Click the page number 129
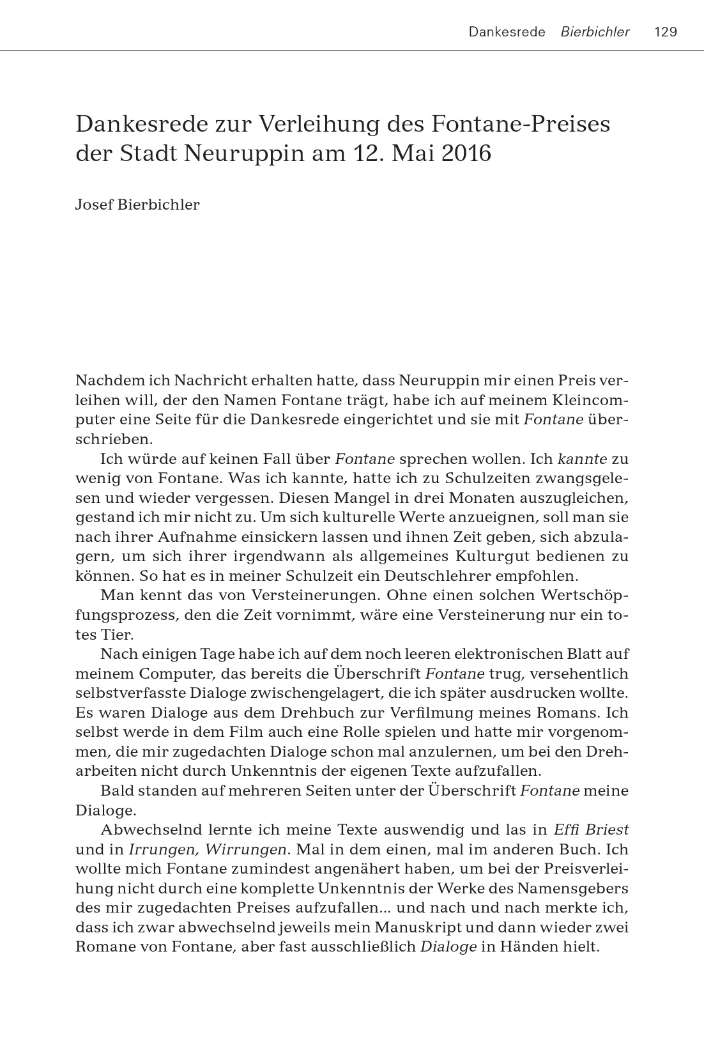(x=666, y=32)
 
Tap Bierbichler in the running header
(x=595, y=32)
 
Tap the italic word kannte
(x=582, y=459)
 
